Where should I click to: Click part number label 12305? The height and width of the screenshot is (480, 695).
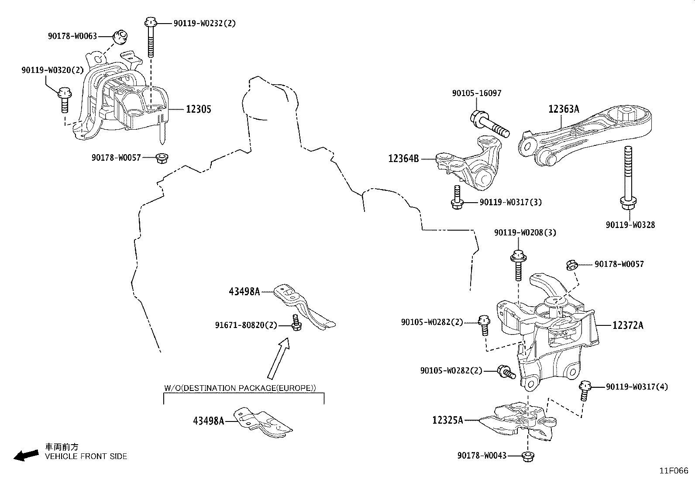click(198, 109)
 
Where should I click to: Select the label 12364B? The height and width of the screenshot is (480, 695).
click(403, 159)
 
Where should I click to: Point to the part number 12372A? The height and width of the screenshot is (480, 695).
click(628, 325)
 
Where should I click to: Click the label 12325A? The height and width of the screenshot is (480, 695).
click(447, 420)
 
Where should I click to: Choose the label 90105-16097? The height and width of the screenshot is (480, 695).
click(477, 93)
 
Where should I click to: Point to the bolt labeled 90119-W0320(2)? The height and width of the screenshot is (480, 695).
click(65, 98)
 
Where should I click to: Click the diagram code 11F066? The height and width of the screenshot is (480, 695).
click(673, 471)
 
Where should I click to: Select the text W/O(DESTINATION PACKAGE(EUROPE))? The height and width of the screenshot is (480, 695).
click(240, 388)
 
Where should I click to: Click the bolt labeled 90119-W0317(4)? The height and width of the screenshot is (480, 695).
click(585, 390)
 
